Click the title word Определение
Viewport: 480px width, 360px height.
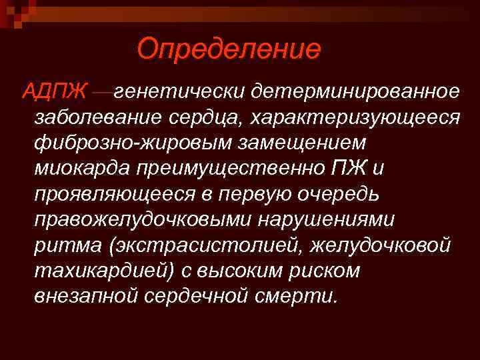(229, 48)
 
